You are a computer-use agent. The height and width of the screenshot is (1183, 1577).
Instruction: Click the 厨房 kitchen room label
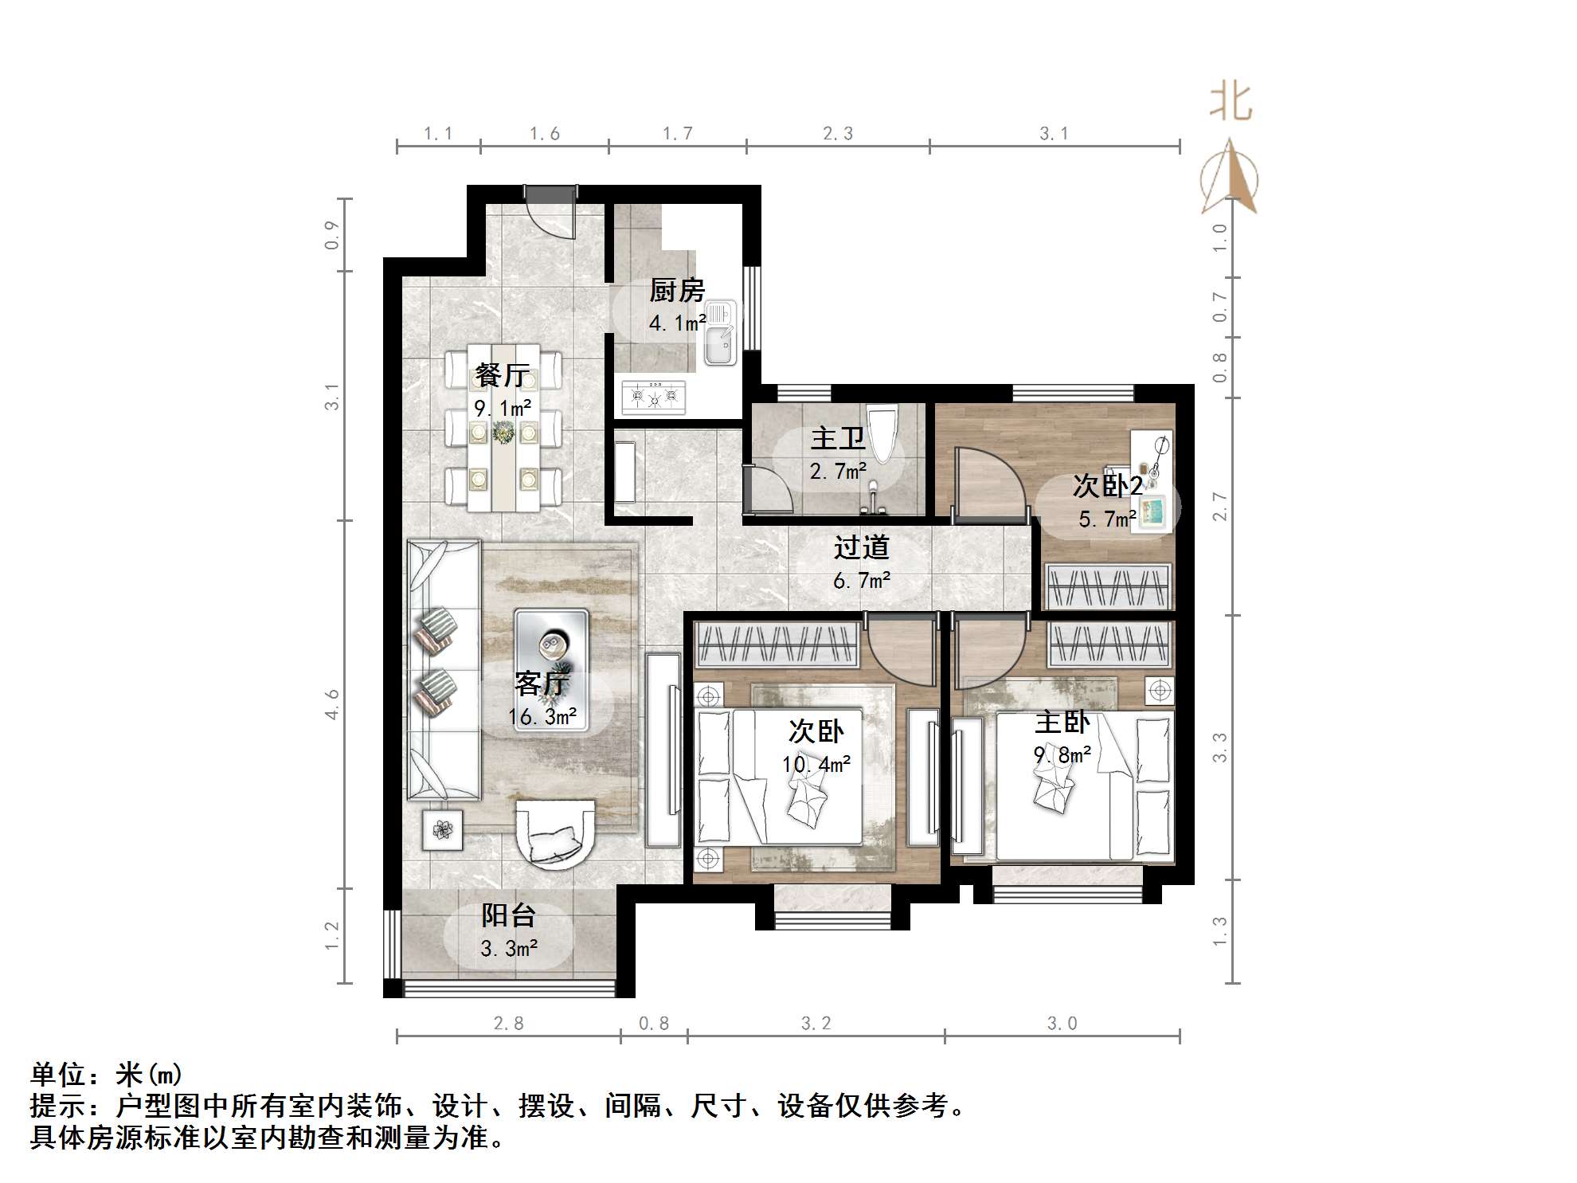(x=676, y=291)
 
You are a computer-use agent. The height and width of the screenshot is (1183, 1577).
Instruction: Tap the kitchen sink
(x=721, y=335)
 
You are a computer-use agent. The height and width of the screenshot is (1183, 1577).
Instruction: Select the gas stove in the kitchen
(x=653, y=395)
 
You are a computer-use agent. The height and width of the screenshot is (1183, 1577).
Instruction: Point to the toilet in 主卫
(x=882, y=433)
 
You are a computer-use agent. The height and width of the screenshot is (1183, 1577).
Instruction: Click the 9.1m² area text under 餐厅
(x=503, y=409)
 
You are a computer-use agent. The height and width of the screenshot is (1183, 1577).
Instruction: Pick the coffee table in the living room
(x=551, y=646)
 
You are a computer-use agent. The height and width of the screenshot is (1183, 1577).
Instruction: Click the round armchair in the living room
(x=554, y=831)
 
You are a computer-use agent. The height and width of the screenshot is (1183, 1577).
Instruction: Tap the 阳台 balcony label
(x=507, y=915)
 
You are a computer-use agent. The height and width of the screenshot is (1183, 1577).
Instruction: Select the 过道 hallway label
(x=860, y=547)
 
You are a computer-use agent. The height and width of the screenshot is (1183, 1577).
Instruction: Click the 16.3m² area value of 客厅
(x=542, y=717)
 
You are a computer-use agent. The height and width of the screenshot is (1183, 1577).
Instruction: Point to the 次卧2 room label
(x=1107, y=485)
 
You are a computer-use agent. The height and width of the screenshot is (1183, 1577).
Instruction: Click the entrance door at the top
(x=550, y=211)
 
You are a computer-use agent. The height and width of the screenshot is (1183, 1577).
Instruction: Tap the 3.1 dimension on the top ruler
(x=1053, y=134)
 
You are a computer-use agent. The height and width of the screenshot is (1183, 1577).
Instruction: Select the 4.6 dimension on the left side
(x=332, y=704)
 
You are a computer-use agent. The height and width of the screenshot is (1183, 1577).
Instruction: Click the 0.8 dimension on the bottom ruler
(x=653, y=1024)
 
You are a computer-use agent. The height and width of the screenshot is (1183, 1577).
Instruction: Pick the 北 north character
(x=1231, y=104)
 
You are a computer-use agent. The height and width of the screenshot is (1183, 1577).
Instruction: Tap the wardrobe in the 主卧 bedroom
(x=1109, y=644)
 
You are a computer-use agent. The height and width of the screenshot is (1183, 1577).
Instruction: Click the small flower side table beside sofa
(x=442, y=830)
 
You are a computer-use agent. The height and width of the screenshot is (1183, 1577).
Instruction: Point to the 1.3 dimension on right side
(x=1219, y=931)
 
